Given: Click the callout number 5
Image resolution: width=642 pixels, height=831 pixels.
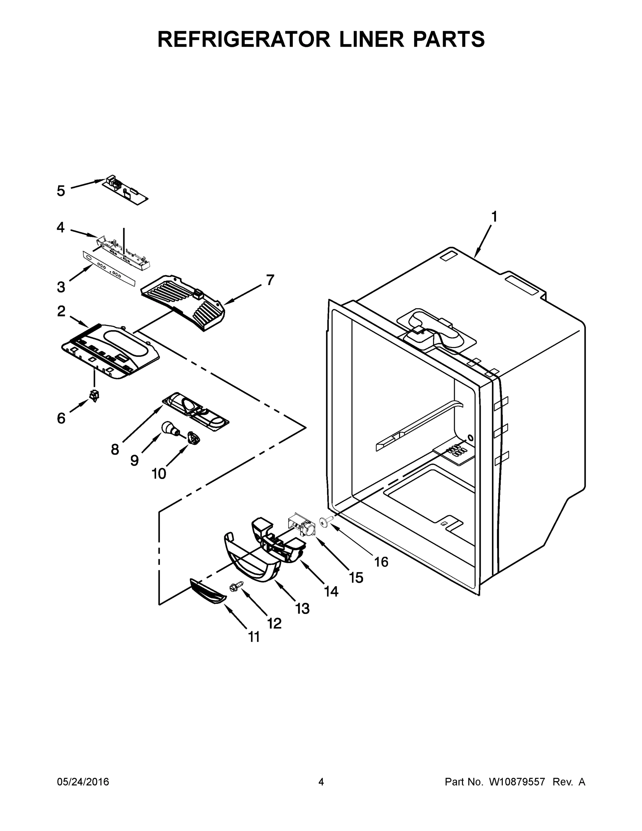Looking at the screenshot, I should [61, 191].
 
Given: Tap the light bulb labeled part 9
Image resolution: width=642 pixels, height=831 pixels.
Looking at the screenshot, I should [170, 428].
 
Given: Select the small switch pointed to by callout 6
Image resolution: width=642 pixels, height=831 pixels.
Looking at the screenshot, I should [93, 395].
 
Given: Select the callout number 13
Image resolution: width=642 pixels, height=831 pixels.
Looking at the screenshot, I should [303, 608].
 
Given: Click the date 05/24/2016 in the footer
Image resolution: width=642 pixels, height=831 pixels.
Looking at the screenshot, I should [83, 782].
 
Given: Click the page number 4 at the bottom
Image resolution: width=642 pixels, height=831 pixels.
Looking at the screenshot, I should [321, 782].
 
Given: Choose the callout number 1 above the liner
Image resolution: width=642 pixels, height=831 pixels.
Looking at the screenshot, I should [494, 217].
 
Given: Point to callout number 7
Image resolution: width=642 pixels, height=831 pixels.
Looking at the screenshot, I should [270, 280].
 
